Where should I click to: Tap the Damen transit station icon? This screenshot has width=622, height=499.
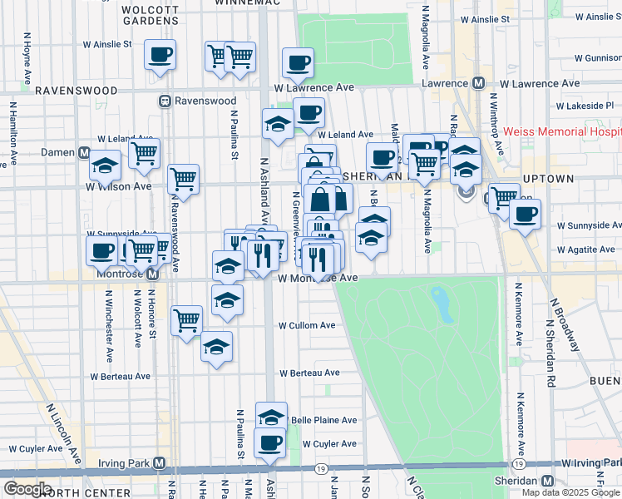84,153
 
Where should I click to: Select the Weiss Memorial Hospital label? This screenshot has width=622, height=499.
565,132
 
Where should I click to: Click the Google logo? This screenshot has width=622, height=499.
27,489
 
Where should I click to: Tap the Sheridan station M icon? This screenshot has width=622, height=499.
547,482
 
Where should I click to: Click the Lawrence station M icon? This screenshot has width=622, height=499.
478,84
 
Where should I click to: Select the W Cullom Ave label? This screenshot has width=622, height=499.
307,325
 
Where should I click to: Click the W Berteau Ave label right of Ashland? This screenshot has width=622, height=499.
309,373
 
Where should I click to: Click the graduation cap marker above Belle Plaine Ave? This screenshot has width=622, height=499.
270,417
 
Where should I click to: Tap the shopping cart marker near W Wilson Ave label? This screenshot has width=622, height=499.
183,179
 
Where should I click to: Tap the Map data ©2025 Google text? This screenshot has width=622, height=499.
570,492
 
